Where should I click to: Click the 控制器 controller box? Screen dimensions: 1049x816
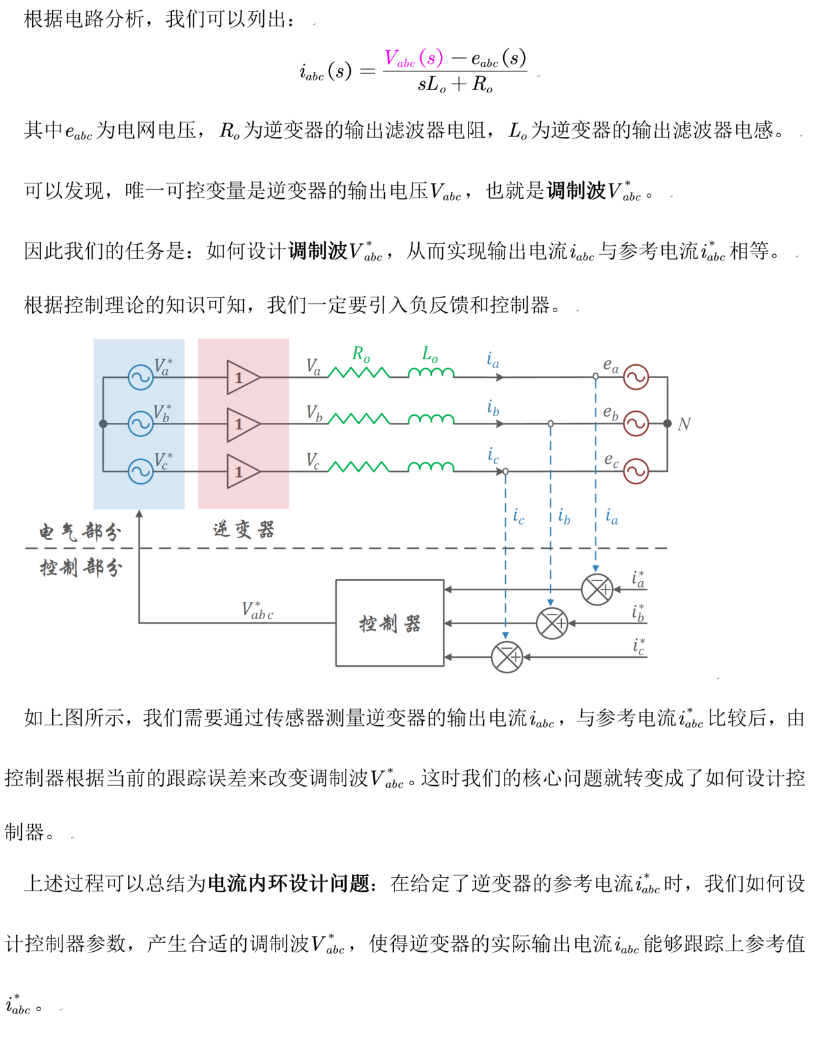tap(389, 623)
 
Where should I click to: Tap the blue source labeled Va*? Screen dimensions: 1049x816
tap(140, 377)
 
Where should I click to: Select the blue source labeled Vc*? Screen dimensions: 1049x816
tap(140, 471)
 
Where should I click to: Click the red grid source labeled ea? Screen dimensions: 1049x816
tap(636, 377)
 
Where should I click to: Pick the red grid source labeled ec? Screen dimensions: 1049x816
tap(636, 471)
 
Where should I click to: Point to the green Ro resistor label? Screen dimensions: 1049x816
tap(361, 354)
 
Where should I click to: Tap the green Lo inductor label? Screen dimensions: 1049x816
tap(430, 354)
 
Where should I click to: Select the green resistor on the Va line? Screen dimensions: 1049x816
tap(358, 373)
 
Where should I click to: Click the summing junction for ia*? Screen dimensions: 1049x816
tap(597, 589)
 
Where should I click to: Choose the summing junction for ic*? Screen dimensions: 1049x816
tap(506, 657)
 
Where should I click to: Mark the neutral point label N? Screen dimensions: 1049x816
tap(684, 425)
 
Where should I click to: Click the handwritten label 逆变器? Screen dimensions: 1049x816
tap(244, 530)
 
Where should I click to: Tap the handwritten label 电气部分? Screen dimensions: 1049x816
tap(80, 532)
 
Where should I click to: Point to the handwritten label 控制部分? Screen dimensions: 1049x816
tap(80, 568)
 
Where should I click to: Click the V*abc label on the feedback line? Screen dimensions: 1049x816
tap(257, 611)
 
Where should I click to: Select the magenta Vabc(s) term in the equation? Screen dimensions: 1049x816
tap(414, 59)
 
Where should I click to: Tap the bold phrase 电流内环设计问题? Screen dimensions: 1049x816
tap(288, 884)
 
